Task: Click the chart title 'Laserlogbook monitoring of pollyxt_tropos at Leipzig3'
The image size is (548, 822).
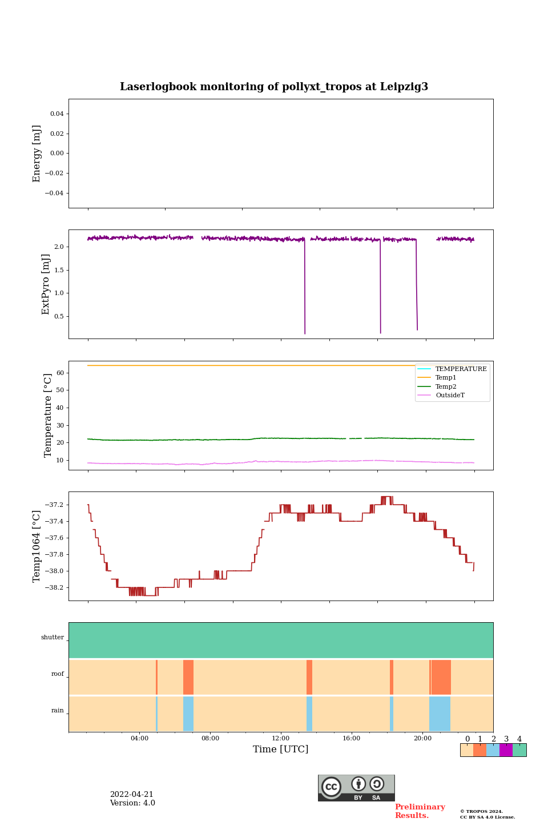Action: pyautogui.click(x=274, y=87)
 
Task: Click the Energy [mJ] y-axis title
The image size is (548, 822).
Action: pyautogui.click(x=37, y=154)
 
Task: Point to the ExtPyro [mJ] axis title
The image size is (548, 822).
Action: pyautogui.click(x=46, y=284)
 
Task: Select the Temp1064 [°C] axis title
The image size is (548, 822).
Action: pyautogui.click(x=37, y=546)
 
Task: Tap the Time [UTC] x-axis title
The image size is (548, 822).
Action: pyautogui.click(x=280, y=749)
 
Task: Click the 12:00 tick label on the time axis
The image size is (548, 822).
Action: pyautogui.click(x=281, y=738)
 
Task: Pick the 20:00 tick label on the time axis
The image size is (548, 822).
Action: pyautogui.click(x=422, y=738)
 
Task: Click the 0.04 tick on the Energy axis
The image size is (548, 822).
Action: pyautogui.click(x=57, y=114)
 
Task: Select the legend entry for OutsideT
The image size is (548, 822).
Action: pyautogui.click(x=450, y=395)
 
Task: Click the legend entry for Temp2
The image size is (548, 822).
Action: pyautogui.click(x=446, y=386)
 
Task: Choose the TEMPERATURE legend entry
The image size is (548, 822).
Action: pyautogui.click(x=461, y=369)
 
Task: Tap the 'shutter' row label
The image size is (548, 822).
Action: pyautogui.click(x=53, y=638)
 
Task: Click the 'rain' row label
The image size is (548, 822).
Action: pyautogui.click(x=58, y=711)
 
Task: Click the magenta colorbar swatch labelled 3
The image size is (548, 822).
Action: pyautogui.click(x=506, y=750)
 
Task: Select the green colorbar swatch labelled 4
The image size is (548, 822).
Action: pyautogui.click(x=519, y=750)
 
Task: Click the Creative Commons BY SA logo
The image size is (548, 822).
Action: pyautogui.click(x=356, y=788)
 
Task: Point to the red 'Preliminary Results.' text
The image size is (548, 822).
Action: pyautogui.click(x=420, y=811)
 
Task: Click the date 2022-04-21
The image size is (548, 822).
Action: pyautogui.click(x=131, y=795)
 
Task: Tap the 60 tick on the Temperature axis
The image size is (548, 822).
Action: pyautogui.click(x=60, y=373)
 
